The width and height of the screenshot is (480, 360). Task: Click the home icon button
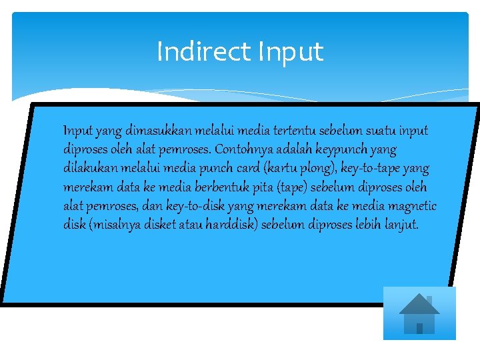point(419,313)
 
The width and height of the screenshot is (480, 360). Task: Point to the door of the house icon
point(419,327)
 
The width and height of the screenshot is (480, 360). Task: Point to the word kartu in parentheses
point(289,168)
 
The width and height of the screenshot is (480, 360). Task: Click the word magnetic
point(413,206)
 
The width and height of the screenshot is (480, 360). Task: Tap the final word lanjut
point(403,225)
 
